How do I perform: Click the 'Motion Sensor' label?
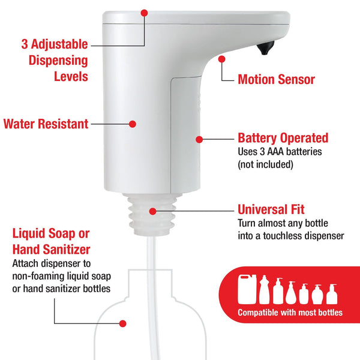tap(276, 79)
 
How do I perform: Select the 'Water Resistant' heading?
tap(46, 124)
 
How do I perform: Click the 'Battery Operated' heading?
tap(283, 138)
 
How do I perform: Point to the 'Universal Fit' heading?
tap(271, 210)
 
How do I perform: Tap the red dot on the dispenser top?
tap(144, 12)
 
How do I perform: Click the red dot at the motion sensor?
tap(222, 59)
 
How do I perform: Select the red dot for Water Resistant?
tap(133, 124)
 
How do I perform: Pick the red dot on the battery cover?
tap(199, 139)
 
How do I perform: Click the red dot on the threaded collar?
tap(153, 211)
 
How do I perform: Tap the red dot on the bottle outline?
tap(122, 323)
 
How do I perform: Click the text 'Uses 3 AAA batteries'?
tap(280, 152)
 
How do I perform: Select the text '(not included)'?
tap(265, 164)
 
